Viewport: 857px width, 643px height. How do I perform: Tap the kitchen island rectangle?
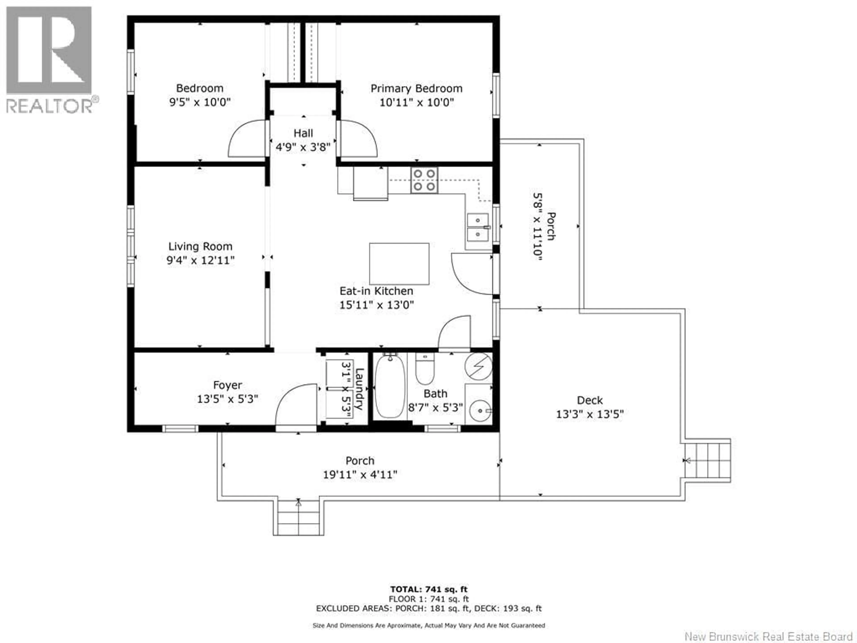coord(399,263)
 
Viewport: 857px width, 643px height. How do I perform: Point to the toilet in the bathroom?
coord(425,369)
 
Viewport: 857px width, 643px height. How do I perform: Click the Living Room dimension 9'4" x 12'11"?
coord(200,260)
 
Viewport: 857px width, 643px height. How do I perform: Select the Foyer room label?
coord(227,385)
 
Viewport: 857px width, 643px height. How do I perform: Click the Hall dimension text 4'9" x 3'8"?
coord(303,147)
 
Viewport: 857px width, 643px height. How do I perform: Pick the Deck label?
coord(590,400)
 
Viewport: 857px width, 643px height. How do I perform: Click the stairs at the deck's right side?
coord(707,460)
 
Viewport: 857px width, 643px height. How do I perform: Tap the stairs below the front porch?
coord(298,518)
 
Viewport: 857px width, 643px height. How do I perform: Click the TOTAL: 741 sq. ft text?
coord(428,589)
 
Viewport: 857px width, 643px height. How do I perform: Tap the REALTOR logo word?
coord(50,105)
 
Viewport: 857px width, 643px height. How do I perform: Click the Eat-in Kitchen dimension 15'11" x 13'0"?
coord(376,305)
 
